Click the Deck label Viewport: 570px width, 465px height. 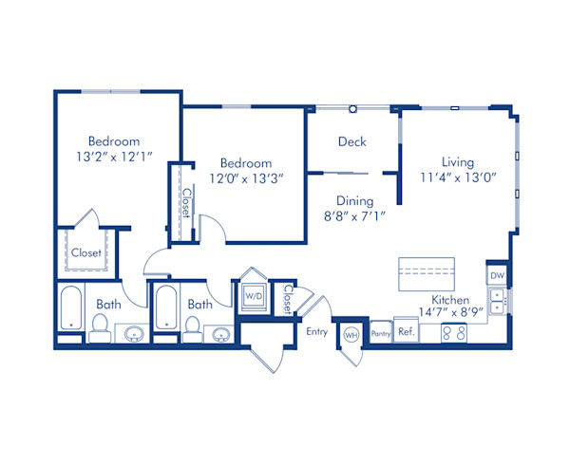point(352,142)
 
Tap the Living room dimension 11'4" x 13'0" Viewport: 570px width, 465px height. point(457,177)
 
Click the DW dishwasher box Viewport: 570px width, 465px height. point(497,275)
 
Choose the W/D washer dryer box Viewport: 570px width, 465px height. point(254,295)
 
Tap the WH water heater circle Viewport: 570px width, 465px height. point(350,334)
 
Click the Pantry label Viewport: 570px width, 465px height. point(380,334)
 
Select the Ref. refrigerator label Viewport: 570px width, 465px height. point(406,334)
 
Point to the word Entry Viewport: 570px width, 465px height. point(316,331)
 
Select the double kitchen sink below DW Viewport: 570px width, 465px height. point(497,303)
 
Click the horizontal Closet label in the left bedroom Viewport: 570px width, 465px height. point(86,253)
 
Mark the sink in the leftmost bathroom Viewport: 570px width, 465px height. point(132,334)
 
